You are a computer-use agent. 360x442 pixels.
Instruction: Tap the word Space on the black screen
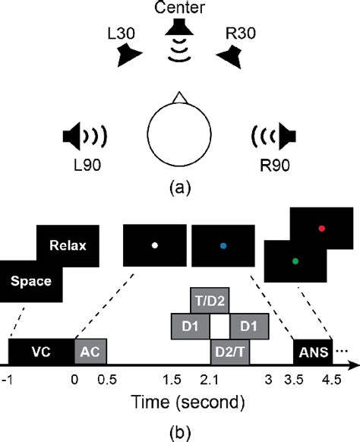tap(31, 281)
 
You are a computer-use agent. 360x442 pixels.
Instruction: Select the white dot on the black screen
tap(154, 245)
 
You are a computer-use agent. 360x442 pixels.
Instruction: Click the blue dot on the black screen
tap(223, 245)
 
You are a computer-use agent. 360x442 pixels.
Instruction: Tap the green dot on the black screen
tap(295, 260)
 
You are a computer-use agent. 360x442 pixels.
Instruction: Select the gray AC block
tap(90, 352)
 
